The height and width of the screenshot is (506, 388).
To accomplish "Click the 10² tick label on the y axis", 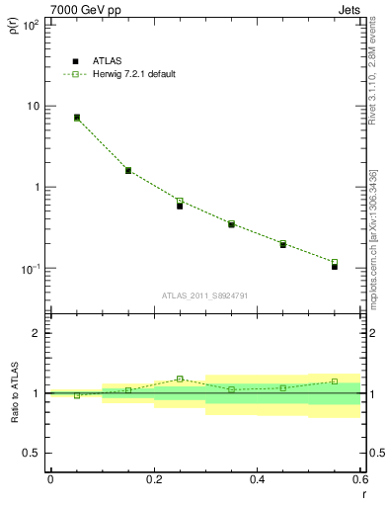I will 32,24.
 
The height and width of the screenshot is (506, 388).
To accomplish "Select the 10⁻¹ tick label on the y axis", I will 31,269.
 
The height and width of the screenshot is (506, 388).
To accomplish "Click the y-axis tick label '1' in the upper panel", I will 38,187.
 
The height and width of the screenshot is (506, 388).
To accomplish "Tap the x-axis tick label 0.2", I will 154,480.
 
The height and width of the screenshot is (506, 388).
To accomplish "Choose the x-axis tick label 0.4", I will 257,480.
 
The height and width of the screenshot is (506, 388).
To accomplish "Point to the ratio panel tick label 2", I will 38,333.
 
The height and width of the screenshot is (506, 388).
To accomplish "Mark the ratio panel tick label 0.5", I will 32,453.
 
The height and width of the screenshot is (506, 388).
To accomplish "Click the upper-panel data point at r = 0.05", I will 77,118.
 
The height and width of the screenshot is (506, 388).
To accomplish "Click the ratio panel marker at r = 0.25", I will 180,379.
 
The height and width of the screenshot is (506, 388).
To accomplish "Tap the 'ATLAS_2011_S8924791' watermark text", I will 204,295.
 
